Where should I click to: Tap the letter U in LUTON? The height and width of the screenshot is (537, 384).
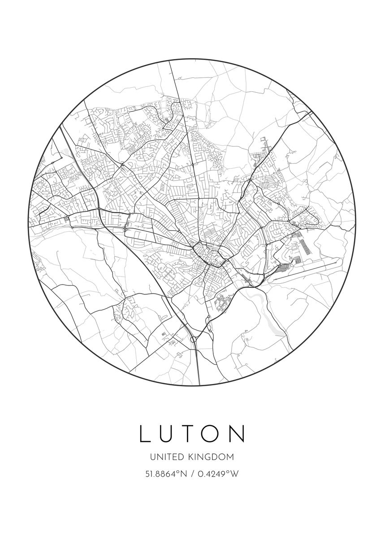[170, 433]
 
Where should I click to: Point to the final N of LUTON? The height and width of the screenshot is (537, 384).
[238, 433]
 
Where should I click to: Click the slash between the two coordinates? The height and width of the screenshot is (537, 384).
[192, 474]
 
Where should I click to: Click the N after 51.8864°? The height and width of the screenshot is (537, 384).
[183, 474]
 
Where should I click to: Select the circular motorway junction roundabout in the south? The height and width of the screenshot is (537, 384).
[194, 340]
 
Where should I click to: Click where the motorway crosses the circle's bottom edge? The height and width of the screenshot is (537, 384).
[199, 384]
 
